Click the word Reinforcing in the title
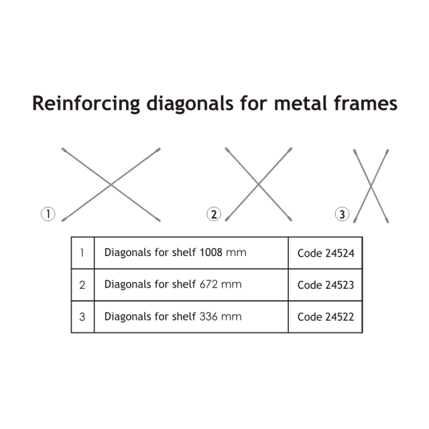[85, 104]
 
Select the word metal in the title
[294, 104]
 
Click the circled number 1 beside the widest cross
[48, 214]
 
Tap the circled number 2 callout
[214, 214]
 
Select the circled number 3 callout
[343, 214]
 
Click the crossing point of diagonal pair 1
[111, 184]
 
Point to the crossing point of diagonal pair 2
[259, 184]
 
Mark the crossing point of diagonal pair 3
[371, 184]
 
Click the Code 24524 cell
[325, 253]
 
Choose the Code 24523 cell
[325, 285]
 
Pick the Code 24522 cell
[325, 316]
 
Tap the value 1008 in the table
[210, 253]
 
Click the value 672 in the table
[208, 284]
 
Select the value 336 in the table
[208, 316]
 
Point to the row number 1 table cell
[82, 253]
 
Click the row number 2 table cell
[82, 285]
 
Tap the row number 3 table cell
[82, 316]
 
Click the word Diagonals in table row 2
[127, 284]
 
